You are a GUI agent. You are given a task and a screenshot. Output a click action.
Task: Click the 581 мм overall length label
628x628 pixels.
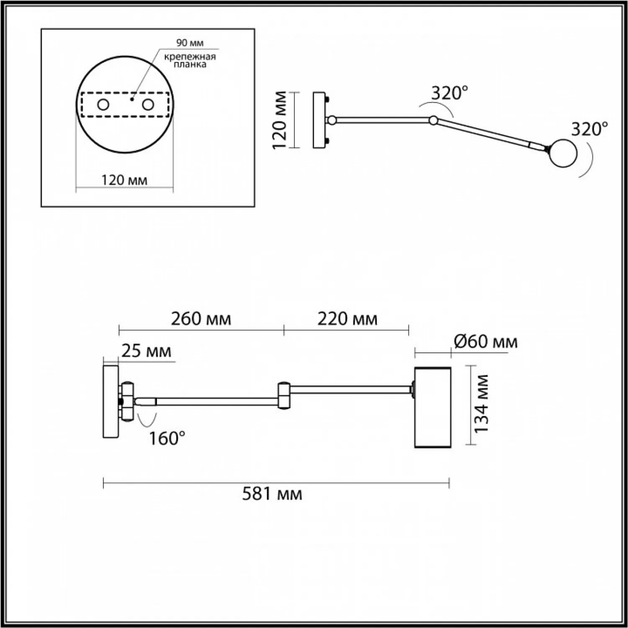pos(272,494)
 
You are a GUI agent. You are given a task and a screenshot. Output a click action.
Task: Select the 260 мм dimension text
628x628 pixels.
pos(201,319)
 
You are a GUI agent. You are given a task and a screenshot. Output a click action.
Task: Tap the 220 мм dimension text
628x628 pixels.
pos(347,319)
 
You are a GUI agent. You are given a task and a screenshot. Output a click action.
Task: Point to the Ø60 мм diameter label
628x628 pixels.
pos(486,342)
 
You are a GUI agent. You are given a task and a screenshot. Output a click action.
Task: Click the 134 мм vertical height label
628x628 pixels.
pos(481,404)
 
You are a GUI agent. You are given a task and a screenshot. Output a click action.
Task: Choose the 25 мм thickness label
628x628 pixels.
pos(146,351)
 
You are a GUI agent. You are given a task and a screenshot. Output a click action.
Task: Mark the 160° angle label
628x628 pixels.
pos(167,438)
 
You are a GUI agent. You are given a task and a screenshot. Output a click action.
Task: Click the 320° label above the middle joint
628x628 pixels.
pos(449,93)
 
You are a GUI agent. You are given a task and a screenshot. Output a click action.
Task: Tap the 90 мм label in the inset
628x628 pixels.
pos(190,43)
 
